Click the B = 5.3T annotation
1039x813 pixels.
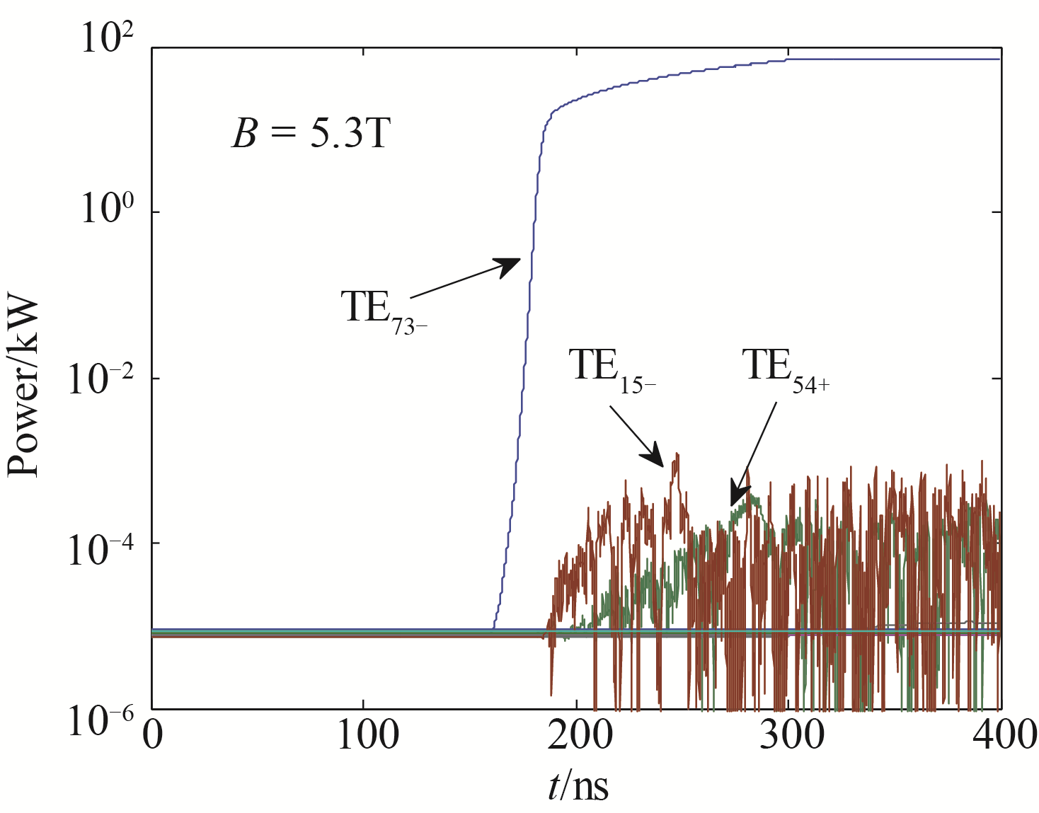tap(311, 132)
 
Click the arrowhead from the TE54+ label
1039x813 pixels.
tap(738, 495)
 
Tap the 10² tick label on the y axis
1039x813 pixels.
tap(107, 38)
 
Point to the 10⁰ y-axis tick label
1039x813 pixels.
tap(107, 208)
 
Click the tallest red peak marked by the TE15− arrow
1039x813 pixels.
tap(677, 454)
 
